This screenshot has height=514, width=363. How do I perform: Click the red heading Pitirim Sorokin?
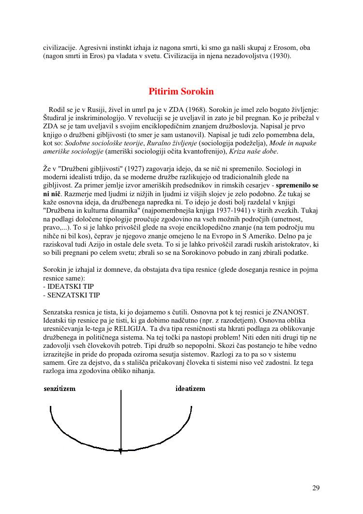coord(181,92)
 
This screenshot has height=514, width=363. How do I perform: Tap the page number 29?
coord(316,488)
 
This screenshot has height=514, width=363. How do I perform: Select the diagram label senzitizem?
coord(60,389)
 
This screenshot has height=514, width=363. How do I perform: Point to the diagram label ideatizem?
coord(190,389)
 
